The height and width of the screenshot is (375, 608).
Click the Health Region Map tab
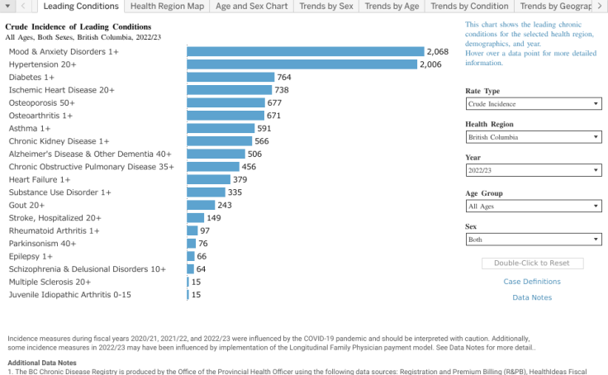tap(167, 7)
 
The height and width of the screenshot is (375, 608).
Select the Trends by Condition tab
tap(469, 7)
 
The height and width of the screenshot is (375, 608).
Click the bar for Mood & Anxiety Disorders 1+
tap(305, 51)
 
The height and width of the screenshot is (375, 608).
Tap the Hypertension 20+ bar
tap(302, 64)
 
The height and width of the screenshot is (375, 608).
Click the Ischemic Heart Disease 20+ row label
tap(61, 90)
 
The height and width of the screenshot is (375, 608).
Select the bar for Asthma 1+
tap(220, 129)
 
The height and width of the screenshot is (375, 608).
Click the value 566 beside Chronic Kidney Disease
tap(262, 141)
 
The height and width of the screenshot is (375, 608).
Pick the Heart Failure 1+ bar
tap(208, 179)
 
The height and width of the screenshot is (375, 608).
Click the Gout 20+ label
tap(26, 205)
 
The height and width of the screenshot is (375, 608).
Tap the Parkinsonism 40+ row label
tap(42, 244)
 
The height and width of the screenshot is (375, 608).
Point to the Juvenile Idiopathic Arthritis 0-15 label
tap(69, 295)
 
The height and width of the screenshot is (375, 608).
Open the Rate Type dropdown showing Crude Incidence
tap(533, 104)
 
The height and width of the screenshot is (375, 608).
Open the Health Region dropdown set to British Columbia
tap(533, 137)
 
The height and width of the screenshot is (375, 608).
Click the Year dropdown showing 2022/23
tap(533, 171)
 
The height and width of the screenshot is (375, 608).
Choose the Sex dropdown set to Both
tap(533, 240)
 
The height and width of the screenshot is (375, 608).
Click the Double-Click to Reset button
tap(532, 263)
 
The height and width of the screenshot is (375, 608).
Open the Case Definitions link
tap(532, 282)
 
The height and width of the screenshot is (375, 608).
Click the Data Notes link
tap(532, 297)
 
